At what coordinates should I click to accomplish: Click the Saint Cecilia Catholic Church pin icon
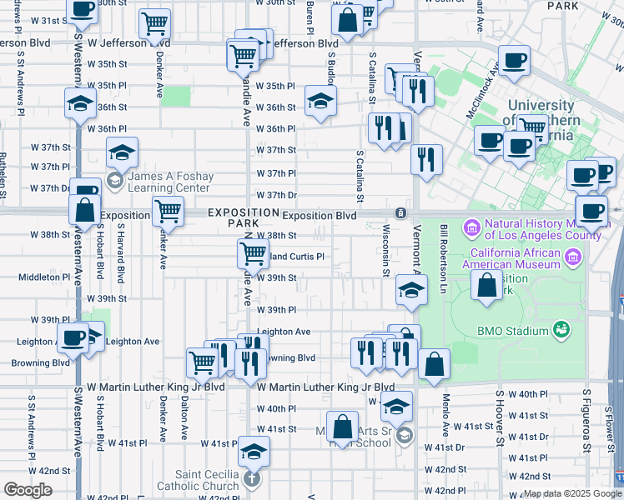point(252,479)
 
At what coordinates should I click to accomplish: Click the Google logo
point(28,490)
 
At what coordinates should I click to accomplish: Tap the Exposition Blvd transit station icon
point(401,213)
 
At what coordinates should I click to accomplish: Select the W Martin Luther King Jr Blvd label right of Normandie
point(325,387)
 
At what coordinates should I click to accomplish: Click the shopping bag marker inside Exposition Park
point(486,285)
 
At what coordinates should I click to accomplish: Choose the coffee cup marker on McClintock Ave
point(514,60)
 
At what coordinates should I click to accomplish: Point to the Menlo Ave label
point(446,412)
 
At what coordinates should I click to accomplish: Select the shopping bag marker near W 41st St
point(342,427)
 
